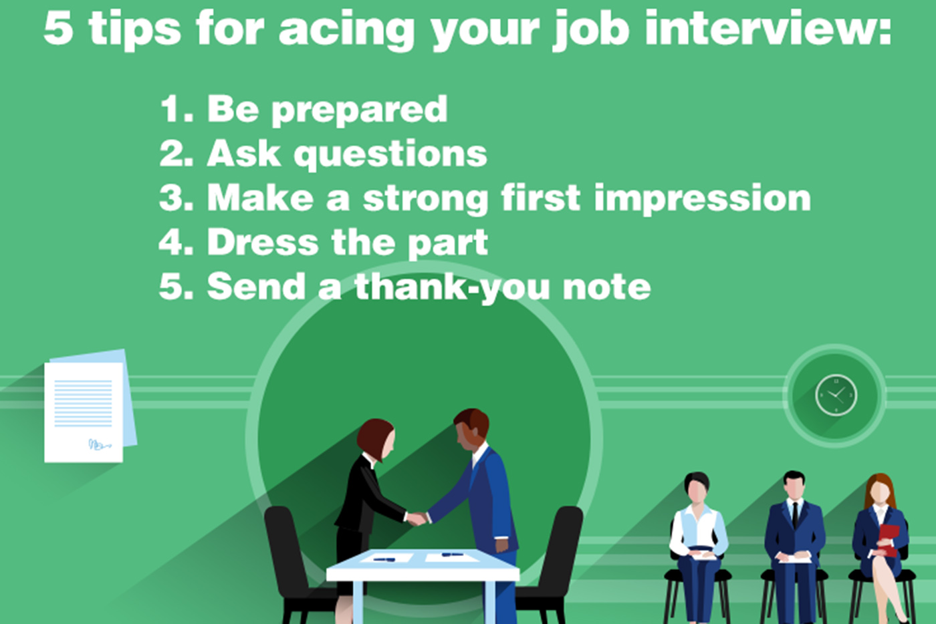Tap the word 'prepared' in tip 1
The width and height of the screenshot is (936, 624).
coord(359,109)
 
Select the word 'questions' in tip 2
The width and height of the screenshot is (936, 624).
coord(390,154)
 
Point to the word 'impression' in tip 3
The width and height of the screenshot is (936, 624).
coord(702,198)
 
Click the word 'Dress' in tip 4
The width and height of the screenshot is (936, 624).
coord(262,242)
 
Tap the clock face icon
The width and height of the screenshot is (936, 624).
coord(836,395)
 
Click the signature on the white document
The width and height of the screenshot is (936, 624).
coord(99,444)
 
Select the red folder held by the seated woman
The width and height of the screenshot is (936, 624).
coord(889,538)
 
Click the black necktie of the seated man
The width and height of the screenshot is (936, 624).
coord(795,514)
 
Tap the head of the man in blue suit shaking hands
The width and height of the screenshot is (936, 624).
coord(472,428)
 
